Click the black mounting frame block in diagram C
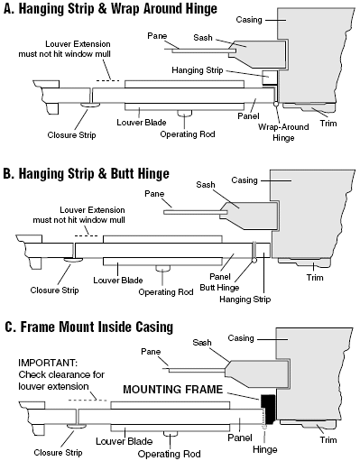268,408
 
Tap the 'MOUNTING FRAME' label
173,390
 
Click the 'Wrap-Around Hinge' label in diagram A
283,133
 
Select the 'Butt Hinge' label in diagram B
219,288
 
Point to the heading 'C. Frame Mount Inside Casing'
89,327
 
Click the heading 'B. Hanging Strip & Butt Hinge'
87,173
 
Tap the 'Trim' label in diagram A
328,124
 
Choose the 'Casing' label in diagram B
245,180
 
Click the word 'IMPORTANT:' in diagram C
48,363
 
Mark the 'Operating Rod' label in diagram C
169,454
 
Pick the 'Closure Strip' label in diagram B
54,290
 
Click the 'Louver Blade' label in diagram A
142,123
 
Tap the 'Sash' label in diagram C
202,343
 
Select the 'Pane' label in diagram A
157,36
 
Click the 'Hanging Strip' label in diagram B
245,300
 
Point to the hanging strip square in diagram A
270,78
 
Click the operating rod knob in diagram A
184,113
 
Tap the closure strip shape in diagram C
77,426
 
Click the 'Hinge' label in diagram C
264,449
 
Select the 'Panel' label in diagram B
220,276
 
